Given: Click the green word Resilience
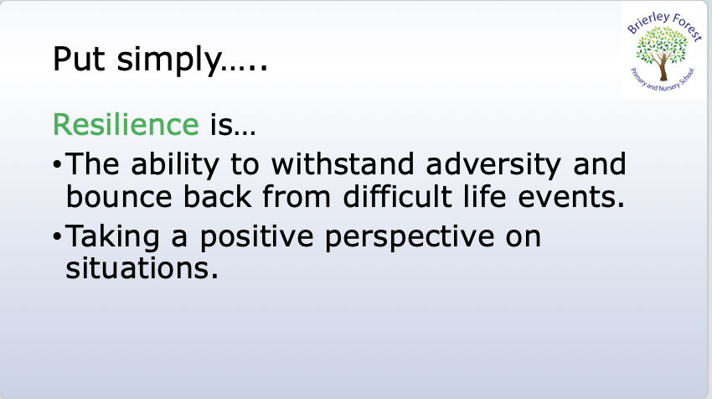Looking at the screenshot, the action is point(126,124).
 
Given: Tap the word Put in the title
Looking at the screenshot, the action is point(79,59).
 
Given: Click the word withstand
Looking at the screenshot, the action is point(343,163).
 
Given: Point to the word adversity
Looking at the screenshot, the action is point(493,165).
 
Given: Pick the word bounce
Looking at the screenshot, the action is point(119,196).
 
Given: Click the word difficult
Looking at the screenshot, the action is point(398,196).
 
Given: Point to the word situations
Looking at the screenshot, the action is point(142,267).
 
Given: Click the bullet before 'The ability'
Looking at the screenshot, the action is point(57,164).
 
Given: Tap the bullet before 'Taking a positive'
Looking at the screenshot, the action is point(57,236).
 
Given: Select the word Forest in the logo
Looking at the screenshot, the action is point(687,26).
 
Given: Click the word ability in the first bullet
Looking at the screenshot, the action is point(175,165).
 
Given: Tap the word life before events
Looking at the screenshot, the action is point(484,196).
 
